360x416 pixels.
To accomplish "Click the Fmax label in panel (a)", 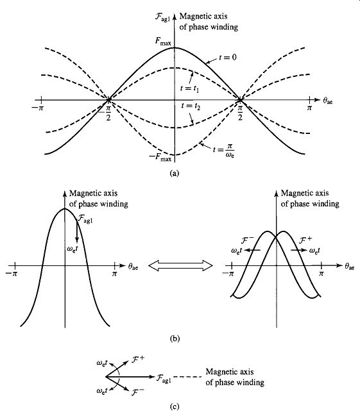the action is [x=163, y=42].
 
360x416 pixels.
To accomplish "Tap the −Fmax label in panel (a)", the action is [x=160, y=157].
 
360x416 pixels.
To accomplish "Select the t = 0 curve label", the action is [x=228, y=57].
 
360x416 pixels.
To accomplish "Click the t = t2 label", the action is [x=191, y=106].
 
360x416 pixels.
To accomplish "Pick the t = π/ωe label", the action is [x=224, y=150].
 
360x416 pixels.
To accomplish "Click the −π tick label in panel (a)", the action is [x=37, y=108].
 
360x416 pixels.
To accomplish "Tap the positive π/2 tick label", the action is [x=240, y=113].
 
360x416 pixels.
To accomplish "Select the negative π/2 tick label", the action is [x=106, y=113].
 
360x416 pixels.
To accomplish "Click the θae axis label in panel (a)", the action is [x=328, y=101].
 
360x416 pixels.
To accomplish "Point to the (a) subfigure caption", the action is [x=175, y=173].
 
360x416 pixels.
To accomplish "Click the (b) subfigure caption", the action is [x=175, y=338].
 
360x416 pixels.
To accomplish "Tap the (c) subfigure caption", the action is [x=175, y=406].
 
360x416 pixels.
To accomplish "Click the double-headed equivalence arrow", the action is [x=180, y=265].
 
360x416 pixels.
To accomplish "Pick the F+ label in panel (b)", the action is [x=305, y=240].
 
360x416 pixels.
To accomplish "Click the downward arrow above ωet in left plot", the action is [x=77, y=231].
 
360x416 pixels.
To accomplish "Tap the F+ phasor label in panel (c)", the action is [x=137, y=359].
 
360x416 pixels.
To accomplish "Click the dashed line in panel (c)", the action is [x=187, y=377].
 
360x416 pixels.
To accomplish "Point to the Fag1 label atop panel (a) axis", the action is [x=162, y=17].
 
